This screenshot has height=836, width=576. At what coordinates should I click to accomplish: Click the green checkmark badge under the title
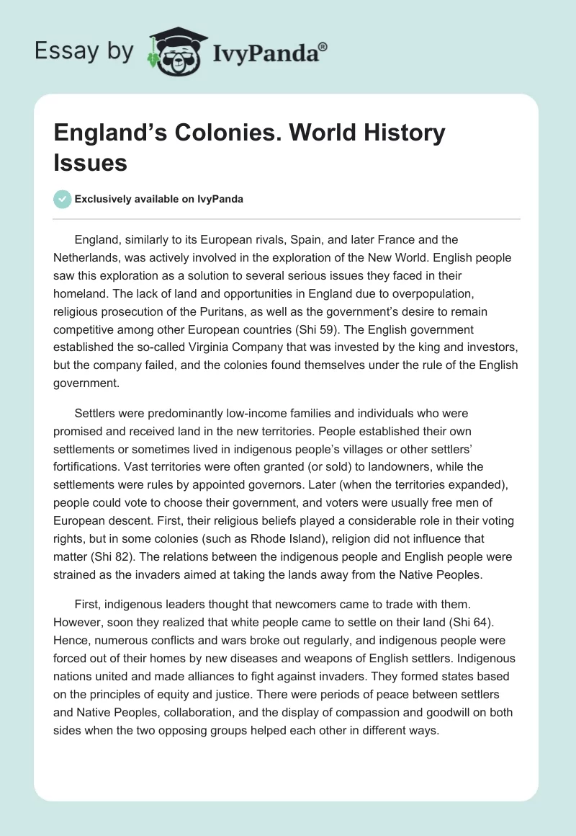tap(63, 199)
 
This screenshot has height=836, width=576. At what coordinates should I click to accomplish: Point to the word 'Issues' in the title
tap(90, 163)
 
